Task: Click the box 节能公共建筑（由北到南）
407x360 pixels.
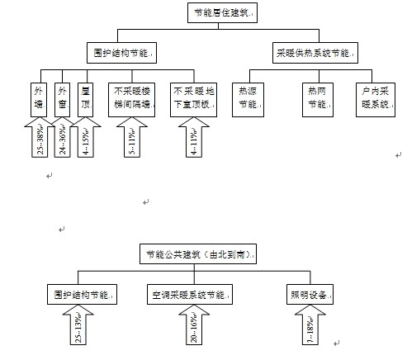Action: (197, 254)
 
